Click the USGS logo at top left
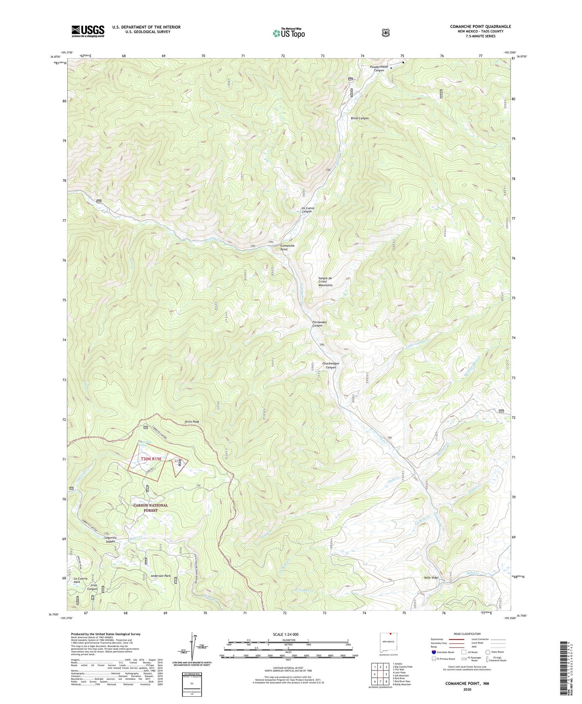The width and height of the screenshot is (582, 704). pyautogui.click(x=88, y=31)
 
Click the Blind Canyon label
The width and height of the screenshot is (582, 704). pyautogui.click(x=359, y=118)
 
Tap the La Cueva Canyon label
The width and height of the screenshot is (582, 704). pyautogui.click(x=307, y=210)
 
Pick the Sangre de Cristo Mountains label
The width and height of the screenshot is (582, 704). pyautogui.click(x=325, y=282)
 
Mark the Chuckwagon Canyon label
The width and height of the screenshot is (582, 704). pyautogui.click(x=330, y=365)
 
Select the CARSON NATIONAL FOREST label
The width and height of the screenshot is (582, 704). pyautogui.click(x=151, y=508)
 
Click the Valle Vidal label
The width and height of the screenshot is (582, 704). pyautogui.click(x=431, y=577)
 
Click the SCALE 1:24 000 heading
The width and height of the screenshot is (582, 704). pyautogui.click(x=286, y=634)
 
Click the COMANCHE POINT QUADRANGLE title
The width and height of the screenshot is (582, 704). pyautogui.click(x=480, y=27)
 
